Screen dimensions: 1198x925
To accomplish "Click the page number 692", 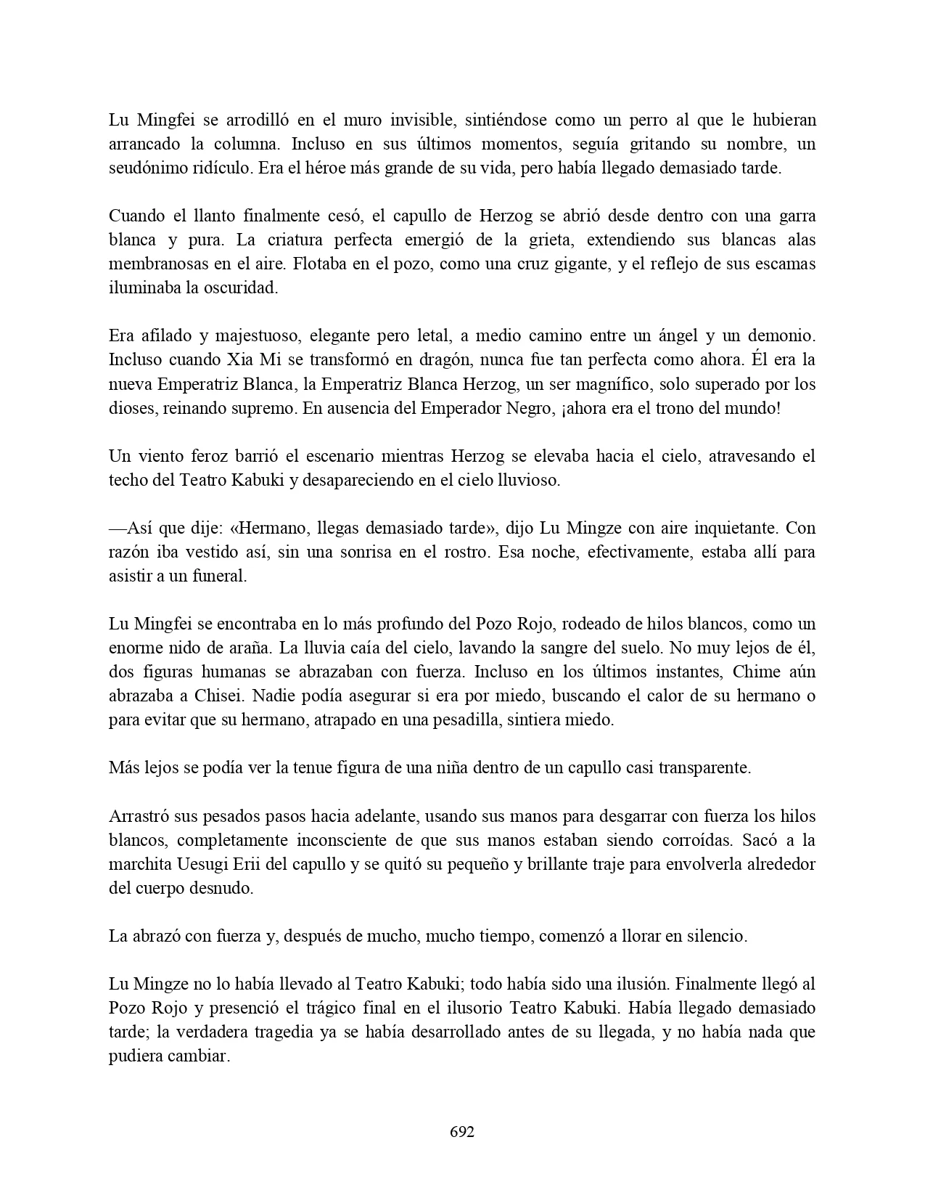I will (x=462, y=1132).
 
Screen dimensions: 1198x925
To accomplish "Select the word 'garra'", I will (x=796, y=216).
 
